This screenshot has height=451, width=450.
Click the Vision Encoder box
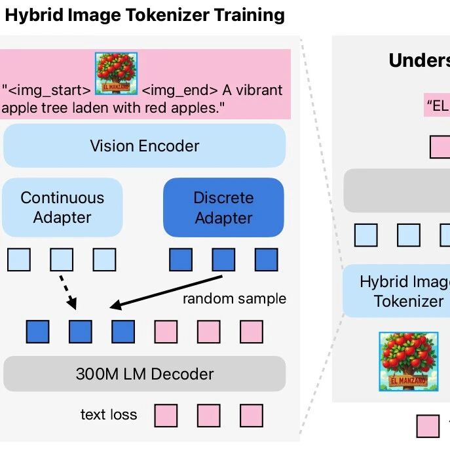click(144, 146)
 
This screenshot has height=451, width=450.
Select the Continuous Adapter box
click(62, 207)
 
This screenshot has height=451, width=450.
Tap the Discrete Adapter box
click(223, 207)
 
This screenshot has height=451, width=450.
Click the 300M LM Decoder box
click(144, 374)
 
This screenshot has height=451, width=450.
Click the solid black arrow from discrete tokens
click(164, 290)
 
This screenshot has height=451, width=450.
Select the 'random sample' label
click(234, 299)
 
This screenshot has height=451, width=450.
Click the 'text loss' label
click(109, 414)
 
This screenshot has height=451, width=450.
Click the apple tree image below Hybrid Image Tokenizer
click(408, 361)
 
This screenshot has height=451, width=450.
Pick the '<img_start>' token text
click(47, 90)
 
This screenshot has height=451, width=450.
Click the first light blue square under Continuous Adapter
click(19, 260)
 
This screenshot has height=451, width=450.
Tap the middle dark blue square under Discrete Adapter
click(223, 260)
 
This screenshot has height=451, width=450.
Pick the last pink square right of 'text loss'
click(252, 416)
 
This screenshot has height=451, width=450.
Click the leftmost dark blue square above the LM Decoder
click(37, 332)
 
